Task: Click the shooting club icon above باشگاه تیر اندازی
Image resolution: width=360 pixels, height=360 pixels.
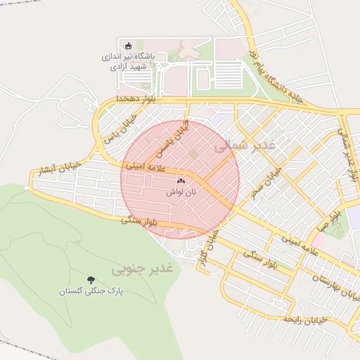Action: coord(127,46)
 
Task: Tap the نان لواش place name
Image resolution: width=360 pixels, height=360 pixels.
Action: coord(181,191)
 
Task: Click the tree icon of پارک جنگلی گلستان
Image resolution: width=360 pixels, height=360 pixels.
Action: coord(89,279)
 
